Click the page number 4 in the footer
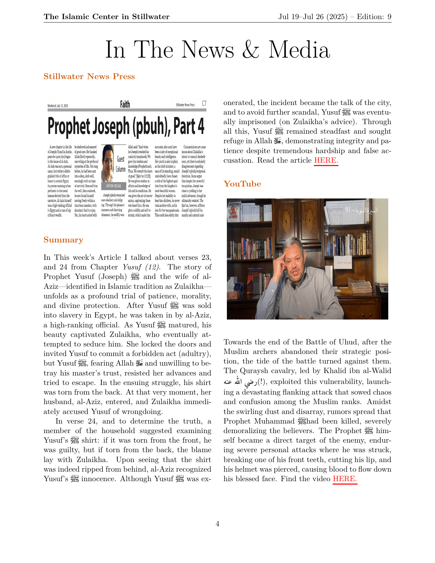pyautogui.click(x=217, y=524)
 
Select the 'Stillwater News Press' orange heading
pyautogui.click(x=89, y=76)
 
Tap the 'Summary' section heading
pyautogui.click(x=63, y=240)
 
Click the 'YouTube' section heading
pyautogui.click(x=242, y=184)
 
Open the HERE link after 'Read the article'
pyautogui.click(x=326, y=160)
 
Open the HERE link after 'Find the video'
pyautogui.click(x=345, y=479)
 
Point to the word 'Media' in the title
pyautogui.click(x=299, y=50)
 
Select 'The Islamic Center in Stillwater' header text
pyautogui.click(x=106, y=17)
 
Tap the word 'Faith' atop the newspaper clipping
pyautogui.click(x=125, y=104)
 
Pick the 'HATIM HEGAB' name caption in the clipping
pyautogui.click(x=113, y=186)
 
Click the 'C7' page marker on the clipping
pyautogui.click(x=204, y=103)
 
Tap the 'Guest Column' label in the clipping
pyautogui.click(x=121, y=164)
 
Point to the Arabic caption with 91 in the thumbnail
pyautogui.click(x=361, y=210)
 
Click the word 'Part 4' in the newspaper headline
pyautogui.click(x=189, y=127)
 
